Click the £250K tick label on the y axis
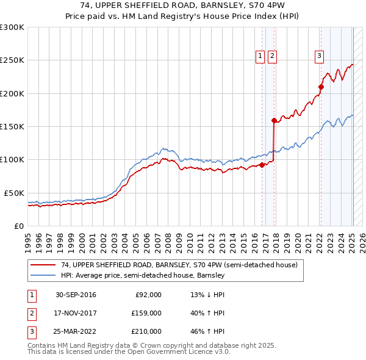pos(12,60)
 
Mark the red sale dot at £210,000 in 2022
pos(321,87)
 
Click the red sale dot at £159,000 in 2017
pos(274,120)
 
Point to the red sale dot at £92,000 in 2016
pos(262,165)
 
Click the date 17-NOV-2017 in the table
pos(76,313)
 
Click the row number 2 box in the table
pos(30,313)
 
